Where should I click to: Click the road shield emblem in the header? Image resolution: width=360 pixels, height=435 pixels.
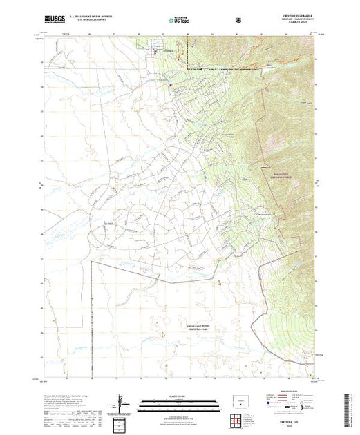click(x=238, y=21)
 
